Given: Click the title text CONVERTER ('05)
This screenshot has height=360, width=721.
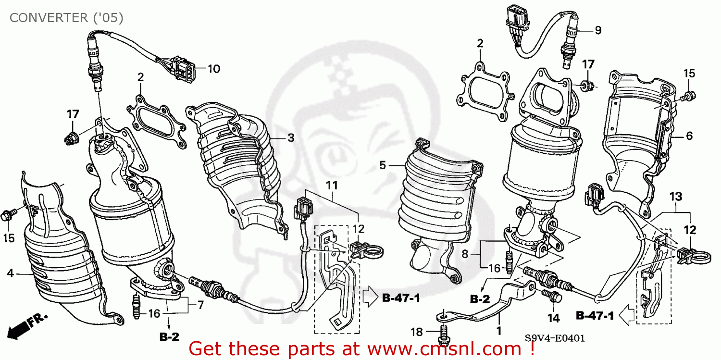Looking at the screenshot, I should tap(66, 18).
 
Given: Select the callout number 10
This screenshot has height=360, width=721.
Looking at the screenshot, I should tap(213, 69).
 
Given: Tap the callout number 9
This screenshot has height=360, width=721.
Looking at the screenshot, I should tap(597, 30).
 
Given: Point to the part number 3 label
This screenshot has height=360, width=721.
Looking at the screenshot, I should tap(290, 138).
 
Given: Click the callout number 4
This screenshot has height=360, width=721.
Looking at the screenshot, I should tap(10, 273).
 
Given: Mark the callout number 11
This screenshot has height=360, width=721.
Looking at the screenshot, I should tap(332, 185).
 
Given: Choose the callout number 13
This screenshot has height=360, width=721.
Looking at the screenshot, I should tap(675, 196).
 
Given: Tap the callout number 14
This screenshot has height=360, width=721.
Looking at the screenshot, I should tap(553, 318).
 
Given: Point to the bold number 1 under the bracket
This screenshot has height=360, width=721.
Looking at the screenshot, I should tap(499, 331).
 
